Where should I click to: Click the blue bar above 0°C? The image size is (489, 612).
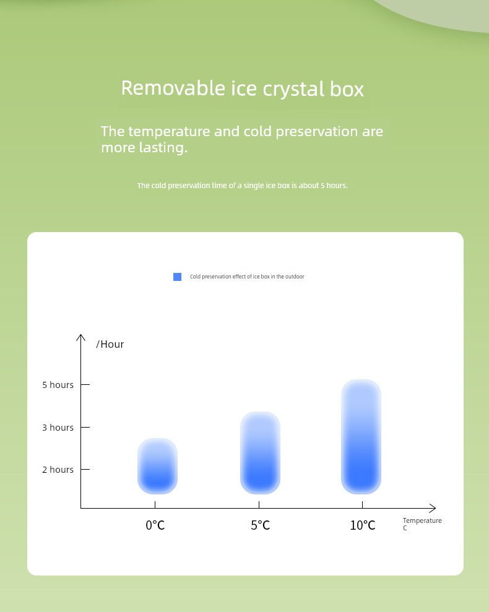pos(157,466)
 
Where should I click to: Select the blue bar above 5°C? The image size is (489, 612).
pos(260,453)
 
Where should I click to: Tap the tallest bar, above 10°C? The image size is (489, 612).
pos(361,437)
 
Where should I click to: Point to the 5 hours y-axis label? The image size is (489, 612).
pos(58,385)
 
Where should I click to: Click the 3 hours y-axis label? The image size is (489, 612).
pos(58,428)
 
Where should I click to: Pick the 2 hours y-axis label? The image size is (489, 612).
pos(58,470)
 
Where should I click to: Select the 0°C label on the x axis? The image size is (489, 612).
pos(155,525)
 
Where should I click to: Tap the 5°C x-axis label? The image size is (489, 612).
pos(260,525)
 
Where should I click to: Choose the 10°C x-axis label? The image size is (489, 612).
pos(363,525)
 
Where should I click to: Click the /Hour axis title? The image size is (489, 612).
pos(110,344)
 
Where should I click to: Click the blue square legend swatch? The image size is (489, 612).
pos(177,277)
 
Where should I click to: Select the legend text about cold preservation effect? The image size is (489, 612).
pos(247,277)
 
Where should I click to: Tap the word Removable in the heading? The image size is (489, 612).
pos(173,88)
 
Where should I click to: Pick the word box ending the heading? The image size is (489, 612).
pos(347,88)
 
